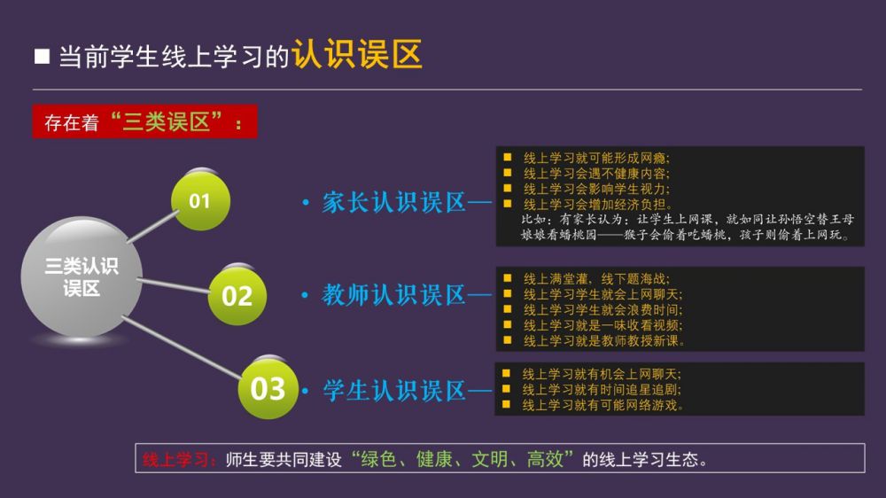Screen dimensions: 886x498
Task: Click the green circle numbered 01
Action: (200, 200)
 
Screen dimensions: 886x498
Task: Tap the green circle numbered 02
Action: (237, 296)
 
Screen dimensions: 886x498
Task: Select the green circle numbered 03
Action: (268, 389)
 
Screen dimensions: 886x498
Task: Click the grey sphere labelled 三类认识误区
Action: (82, 277)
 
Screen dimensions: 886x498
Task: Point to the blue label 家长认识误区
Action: (394, 202)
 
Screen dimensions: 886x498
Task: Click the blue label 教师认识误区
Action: (394, 295)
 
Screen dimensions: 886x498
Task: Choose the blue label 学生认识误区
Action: (394, 391)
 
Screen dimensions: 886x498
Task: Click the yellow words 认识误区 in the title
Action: (357, 54)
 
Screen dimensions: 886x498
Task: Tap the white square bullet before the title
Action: (42, 56)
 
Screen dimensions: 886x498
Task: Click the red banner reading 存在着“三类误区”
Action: (144, 121)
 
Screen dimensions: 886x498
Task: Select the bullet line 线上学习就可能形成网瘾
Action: (596, 158)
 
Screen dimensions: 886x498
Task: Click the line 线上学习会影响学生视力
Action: (596, 189)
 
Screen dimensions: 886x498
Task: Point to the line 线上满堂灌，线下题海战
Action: (596, 278)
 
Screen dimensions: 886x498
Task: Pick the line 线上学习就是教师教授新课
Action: (603, 341)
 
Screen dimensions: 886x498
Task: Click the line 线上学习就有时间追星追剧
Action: (602, 390)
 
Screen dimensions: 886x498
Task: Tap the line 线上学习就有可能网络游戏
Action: (602, 405)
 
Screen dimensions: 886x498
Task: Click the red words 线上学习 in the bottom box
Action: (175, 459)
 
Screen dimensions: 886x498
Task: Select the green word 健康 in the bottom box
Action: (434, 459)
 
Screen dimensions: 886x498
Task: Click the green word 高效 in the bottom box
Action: (545, 459)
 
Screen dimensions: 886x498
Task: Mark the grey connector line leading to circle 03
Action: (182, 347)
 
